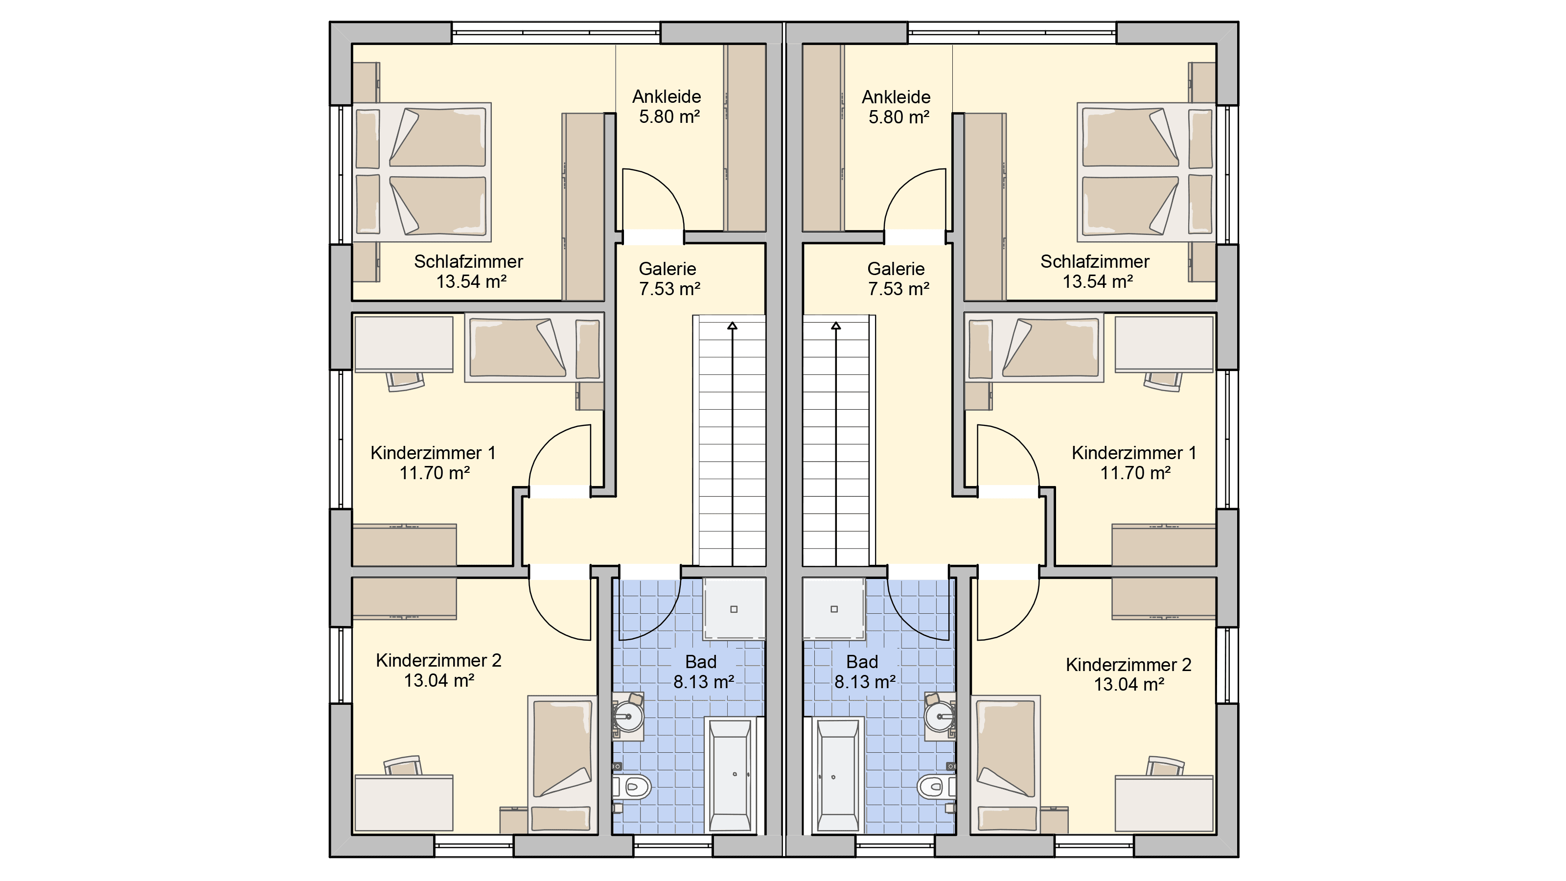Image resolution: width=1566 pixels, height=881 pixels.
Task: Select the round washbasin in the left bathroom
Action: point(628,717)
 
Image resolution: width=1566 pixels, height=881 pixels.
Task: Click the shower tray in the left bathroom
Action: point(734,608)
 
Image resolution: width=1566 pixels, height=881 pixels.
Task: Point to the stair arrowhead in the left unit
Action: point(733,326)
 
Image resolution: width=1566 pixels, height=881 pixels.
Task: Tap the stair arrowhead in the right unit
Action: point(836,326)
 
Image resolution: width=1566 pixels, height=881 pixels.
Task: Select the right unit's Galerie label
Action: point(896,269)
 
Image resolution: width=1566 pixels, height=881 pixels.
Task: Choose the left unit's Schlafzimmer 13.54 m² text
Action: point(469,271)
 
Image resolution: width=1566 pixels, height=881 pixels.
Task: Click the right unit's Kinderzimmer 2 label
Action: point(1128,665)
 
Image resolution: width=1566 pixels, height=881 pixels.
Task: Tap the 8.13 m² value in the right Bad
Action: point(864,682)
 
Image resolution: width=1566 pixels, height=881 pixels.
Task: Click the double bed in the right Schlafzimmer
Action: point(1146,172)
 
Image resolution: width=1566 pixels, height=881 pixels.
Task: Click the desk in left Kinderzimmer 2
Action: point(404,803)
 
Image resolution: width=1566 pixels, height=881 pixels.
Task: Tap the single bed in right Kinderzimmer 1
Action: point(1034,348)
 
